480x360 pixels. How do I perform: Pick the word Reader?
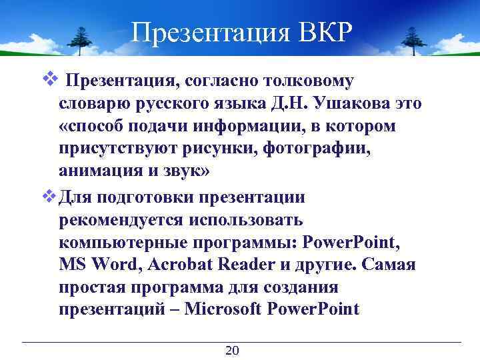click(245, 265)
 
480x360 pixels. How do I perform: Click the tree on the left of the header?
click(82, 40)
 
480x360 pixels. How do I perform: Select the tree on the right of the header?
click(403, 40)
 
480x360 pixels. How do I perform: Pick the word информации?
click(235, 126)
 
